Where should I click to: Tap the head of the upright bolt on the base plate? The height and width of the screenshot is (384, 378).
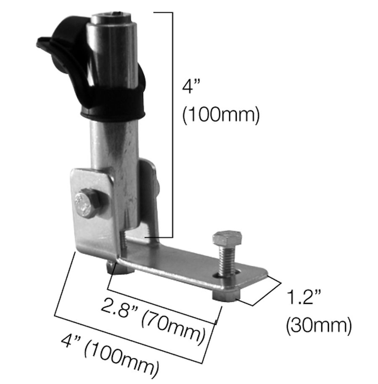pyautogui.click(x=227, y=239)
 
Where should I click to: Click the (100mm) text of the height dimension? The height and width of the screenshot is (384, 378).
pyautogui.click(x=220, y=115)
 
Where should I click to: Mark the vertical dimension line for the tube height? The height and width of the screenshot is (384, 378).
pyautogui.click(x=171, y=125)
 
